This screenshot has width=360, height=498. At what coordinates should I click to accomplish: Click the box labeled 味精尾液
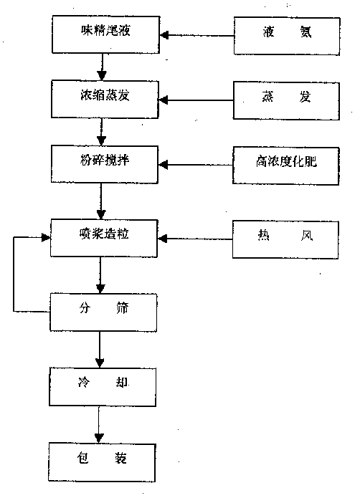[106, 34]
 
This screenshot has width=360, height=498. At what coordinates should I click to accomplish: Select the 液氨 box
[287, 37]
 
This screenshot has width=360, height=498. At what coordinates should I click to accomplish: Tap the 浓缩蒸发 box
[105, 100]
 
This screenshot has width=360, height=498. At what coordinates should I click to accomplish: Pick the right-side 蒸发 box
[286, 101]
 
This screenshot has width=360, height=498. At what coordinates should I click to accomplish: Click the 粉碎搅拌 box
[105, 164]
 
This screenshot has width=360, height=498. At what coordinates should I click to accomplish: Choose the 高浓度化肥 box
[285, 166]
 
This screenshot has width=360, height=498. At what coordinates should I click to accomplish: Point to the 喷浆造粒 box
[104, 238]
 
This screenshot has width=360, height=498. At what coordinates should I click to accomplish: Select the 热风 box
[285, 239]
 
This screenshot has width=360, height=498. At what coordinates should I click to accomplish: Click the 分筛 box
[103, 312]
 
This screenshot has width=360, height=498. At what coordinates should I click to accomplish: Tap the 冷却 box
[103, 387]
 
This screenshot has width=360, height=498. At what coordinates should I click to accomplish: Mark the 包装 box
[102, 463]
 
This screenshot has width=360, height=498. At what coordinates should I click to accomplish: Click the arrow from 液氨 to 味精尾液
[196, 35]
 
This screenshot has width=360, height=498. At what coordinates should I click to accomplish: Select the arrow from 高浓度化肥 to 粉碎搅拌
[195, 165]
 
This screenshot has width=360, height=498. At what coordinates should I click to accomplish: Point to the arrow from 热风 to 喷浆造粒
[195, 239]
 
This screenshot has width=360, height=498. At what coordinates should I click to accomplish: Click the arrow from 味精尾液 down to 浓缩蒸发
[102, 67]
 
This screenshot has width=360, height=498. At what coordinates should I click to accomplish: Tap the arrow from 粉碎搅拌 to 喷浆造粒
[101, 201]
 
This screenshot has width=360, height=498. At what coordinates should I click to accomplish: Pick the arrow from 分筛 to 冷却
[100, 350]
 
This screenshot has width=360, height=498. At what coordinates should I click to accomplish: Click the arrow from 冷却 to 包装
[99, 425]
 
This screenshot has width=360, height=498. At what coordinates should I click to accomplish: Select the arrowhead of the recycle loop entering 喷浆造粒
[47, 238]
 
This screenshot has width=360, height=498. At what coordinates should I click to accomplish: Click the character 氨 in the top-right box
[305, 32]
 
